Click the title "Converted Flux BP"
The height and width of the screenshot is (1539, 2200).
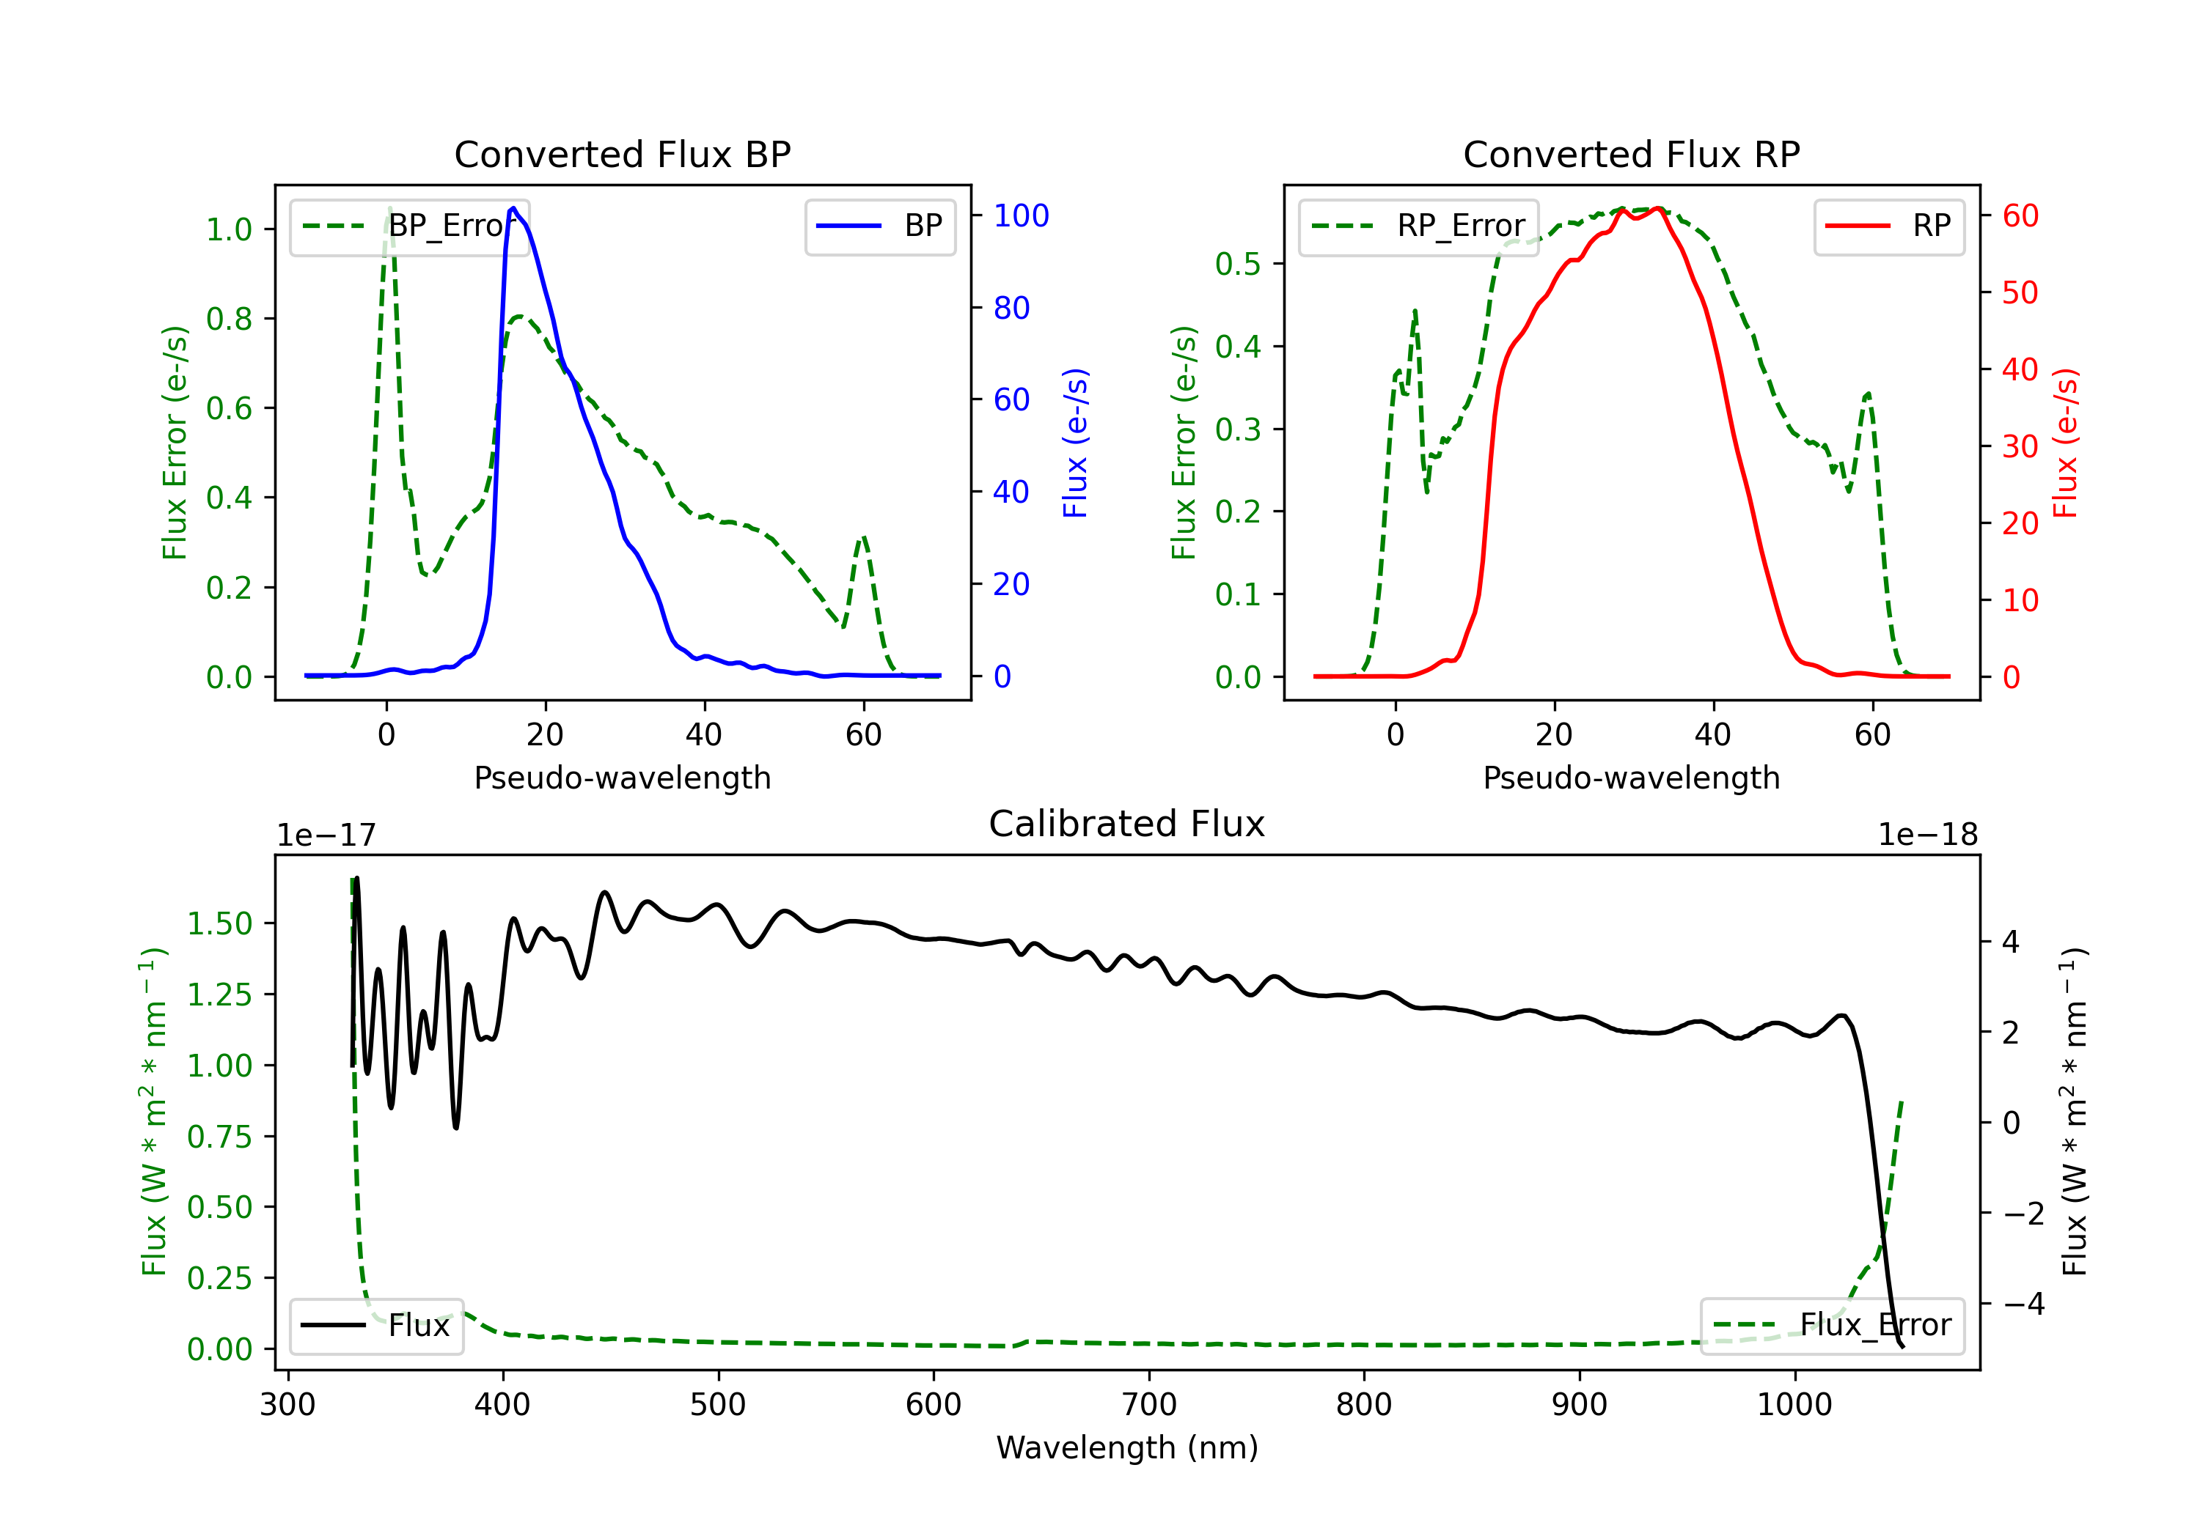point(622,154)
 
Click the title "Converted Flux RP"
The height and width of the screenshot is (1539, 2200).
point(1631,154)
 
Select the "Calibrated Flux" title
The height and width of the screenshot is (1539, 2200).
point(1127,824)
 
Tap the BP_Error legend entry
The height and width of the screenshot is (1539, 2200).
point(410,226)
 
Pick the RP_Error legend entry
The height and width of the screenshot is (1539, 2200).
point(1419,226)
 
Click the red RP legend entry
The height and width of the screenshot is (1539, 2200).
point(1888,226)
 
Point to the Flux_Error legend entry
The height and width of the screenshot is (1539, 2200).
point(1832,1326)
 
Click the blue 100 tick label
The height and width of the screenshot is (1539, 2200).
point(1021,215)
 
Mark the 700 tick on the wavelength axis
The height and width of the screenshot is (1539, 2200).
point(1149,1405)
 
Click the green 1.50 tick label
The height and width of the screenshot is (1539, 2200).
point(219,924)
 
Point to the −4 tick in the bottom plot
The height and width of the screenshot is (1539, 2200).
point(2024,1304)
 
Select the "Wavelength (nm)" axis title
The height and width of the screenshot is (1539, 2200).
point(1127,1447)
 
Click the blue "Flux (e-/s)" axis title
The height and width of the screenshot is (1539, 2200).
point(1075,443)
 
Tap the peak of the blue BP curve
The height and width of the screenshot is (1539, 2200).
point(513,208)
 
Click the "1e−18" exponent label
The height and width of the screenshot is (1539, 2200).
point(1927,835)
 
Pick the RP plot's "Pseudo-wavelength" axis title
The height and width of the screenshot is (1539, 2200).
point(1631,778)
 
